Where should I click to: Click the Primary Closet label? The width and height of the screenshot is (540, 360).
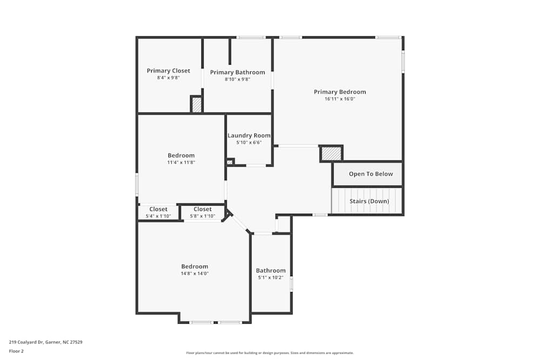(x=168, y=71)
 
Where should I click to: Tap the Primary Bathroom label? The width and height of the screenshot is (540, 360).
(x=238, y=72)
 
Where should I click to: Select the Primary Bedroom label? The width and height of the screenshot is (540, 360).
(x=340, y=92)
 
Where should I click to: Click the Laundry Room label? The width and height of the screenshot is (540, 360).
(x=249, y=135)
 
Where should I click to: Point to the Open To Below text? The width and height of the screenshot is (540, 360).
(x=367, y=174)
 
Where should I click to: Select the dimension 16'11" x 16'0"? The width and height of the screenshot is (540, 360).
(x=340, y=99)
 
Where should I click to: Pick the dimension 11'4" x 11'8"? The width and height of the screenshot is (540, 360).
(x=181, y=162)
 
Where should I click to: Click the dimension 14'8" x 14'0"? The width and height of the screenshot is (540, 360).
(x=194, y=274)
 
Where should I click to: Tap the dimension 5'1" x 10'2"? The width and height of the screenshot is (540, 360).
(x=271, y=278)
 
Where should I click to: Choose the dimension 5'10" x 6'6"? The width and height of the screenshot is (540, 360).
(x=249, y=142)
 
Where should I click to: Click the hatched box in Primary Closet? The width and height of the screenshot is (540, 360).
(x=197, y=105)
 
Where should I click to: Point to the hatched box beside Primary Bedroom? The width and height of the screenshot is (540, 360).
(x=331, y=154)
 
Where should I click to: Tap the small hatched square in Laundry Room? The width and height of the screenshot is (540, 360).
(x=230, y=161)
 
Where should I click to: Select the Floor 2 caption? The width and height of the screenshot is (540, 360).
(x=16, y=351)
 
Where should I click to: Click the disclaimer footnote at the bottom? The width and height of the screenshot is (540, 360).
(x=270, y=353)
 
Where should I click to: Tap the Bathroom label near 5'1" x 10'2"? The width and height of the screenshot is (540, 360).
(x=271, y=270)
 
